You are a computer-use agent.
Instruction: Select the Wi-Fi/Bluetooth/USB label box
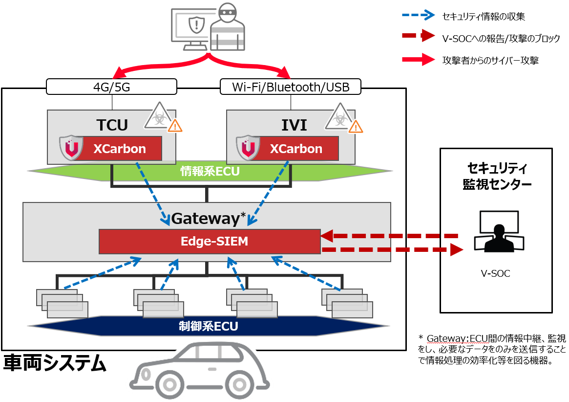[x=291, y=87]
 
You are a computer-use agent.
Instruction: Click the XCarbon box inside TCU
[x=120, y=149]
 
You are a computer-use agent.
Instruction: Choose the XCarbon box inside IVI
[x=296, y=149]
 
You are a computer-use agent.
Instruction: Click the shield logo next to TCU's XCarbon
[x=71, y=148]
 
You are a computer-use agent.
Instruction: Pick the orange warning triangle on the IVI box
[x=356, y=127]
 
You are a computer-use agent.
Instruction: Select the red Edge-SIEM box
[x=210, y=241]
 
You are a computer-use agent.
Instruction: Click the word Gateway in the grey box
[x=205, y=218]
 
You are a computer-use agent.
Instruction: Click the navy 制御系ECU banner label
[x=209, y=326]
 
